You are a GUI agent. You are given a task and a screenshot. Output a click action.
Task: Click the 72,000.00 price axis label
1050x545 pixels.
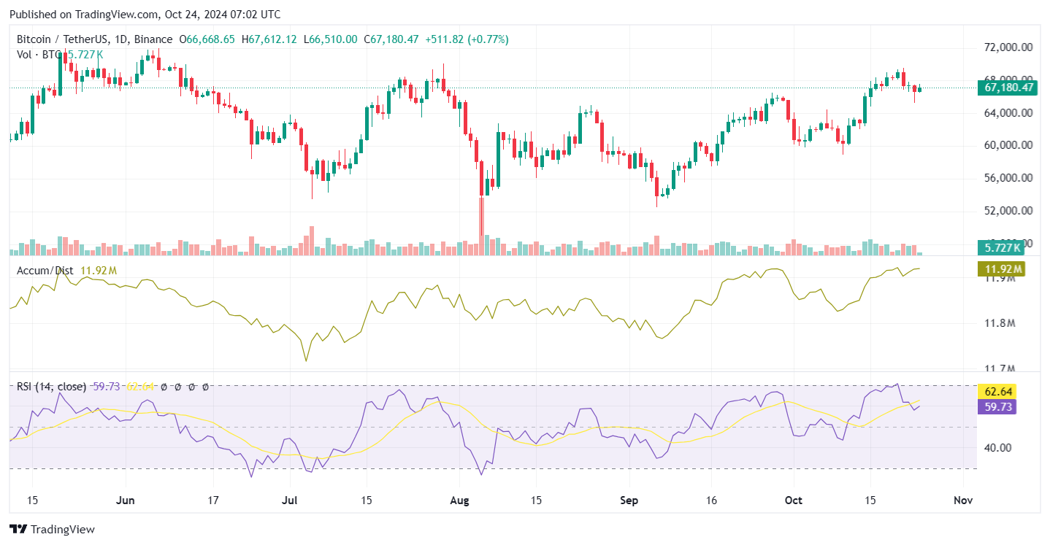(1008, 47)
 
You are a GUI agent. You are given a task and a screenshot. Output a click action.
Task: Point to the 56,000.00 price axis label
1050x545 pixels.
(1008, 178)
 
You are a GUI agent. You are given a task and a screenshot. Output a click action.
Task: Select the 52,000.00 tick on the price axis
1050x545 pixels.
(1008, 211)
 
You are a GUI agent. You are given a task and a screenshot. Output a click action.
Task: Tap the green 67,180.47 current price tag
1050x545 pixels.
(1007, 88)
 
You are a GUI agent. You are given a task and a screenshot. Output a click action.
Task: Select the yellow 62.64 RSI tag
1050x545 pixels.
(997, 393)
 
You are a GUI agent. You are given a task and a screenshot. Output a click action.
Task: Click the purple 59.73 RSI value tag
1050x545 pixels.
(997, 407)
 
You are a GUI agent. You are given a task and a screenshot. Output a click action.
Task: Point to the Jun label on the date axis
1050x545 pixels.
(126, 500)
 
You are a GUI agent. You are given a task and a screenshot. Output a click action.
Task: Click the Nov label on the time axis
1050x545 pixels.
(963, 500)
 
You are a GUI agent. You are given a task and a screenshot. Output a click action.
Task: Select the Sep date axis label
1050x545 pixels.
(629, 500)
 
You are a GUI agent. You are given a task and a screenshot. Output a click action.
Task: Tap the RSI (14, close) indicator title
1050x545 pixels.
(52, 387)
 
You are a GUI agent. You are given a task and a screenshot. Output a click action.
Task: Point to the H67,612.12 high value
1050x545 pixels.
(269, 39)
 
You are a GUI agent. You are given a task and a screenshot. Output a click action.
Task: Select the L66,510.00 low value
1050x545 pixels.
(331, 39)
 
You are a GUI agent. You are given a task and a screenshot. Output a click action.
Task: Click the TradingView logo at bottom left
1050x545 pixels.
(52, 530)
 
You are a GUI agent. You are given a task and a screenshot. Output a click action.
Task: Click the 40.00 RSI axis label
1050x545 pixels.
(997, 448)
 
